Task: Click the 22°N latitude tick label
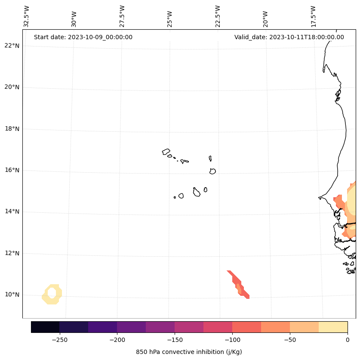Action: point(12,46)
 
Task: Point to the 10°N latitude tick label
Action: point(12,295)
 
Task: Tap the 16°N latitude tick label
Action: point(12,170)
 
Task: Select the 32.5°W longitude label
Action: point(27,16)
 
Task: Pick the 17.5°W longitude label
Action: point(314,16)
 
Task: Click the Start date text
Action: point(83,37)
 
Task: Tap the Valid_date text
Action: point(289,37)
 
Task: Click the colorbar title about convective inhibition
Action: point(189,352)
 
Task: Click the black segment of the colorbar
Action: point(45,327)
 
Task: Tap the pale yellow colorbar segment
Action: point(333,327)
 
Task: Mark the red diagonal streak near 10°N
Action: point(238,285)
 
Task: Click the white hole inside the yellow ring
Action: point(52,293)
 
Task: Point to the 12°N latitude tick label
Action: point(12,253)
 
